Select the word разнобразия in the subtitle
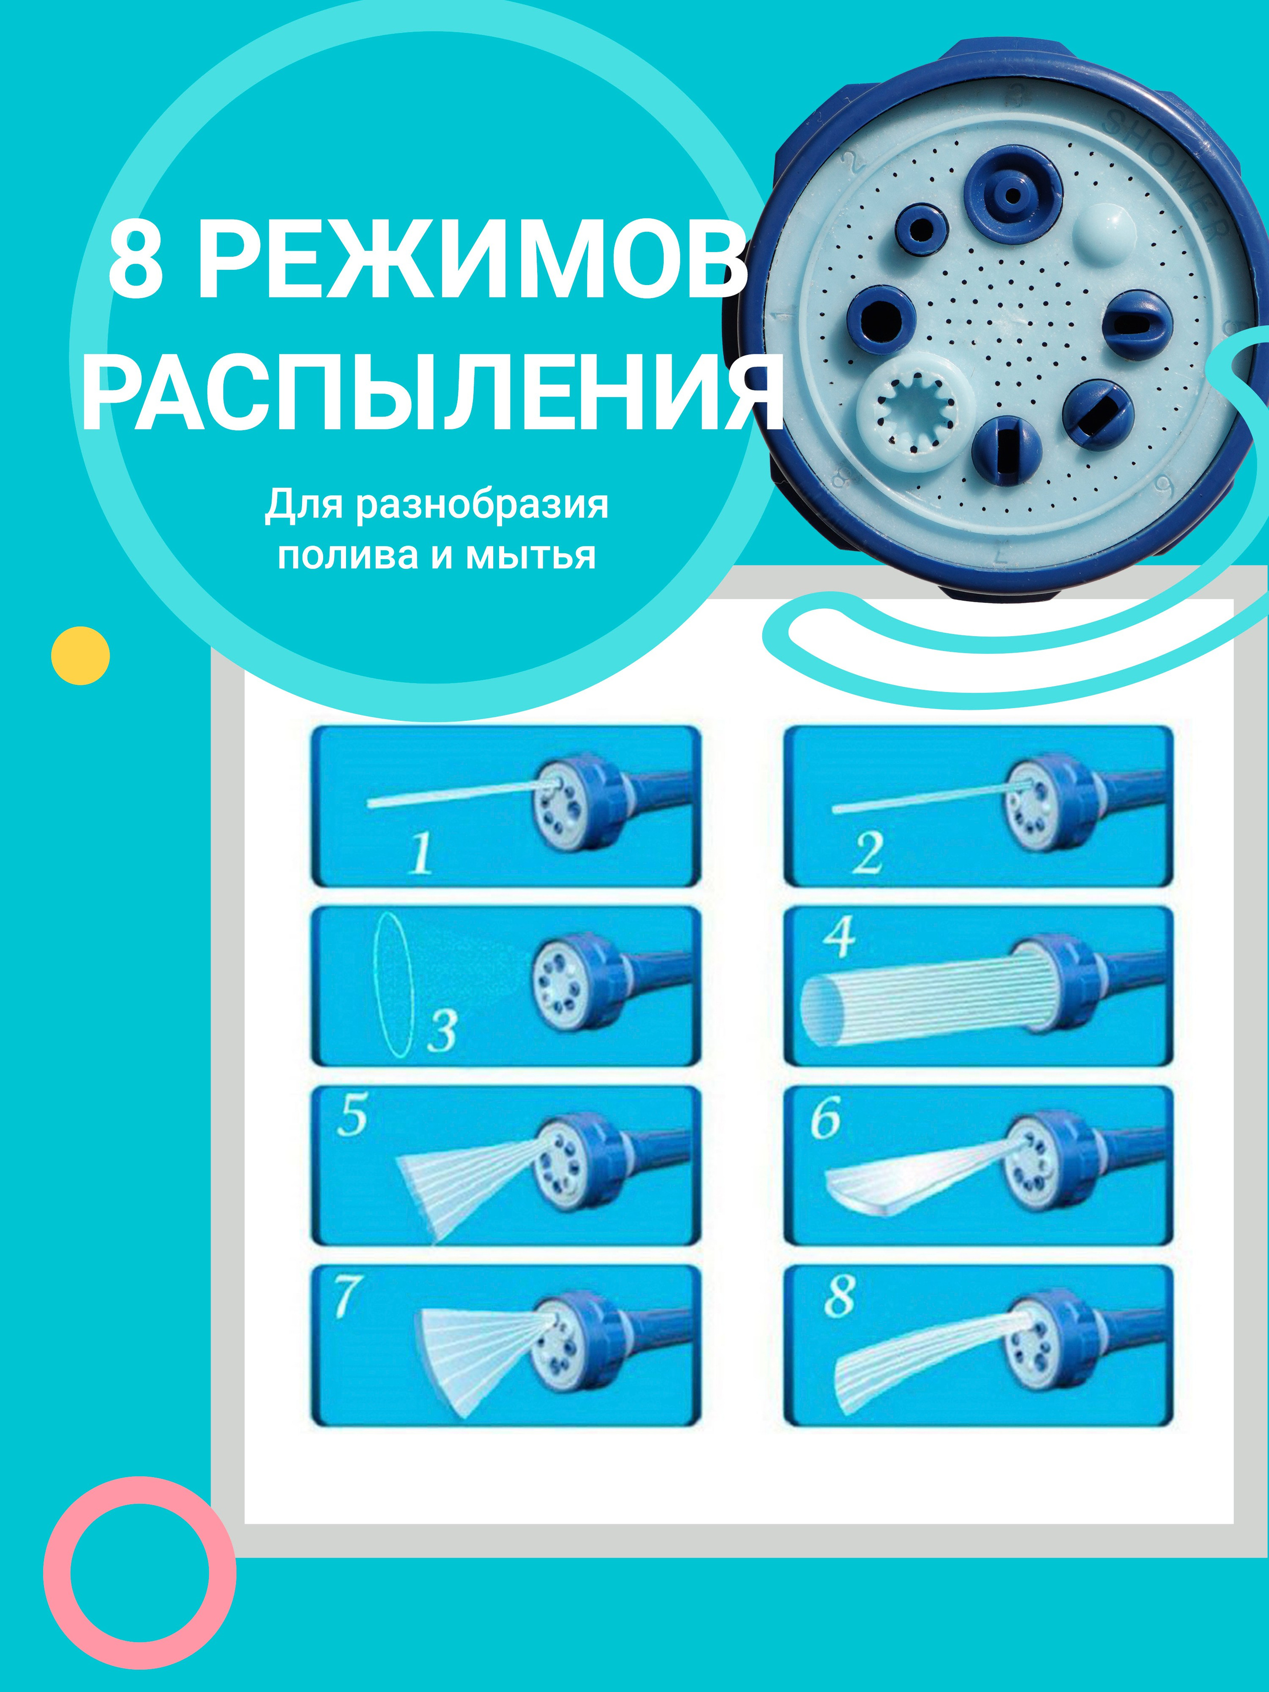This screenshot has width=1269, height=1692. tap(481, 506)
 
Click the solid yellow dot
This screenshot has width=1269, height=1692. tap(80, 655)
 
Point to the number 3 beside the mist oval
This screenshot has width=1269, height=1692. tap(442, 1031)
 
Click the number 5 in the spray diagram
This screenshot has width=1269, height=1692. tap(352, 1116)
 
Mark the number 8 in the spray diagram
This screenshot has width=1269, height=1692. tap(839, 1296)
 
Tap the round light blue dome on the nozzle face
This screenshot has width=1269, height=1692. tap(1104, 231)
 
